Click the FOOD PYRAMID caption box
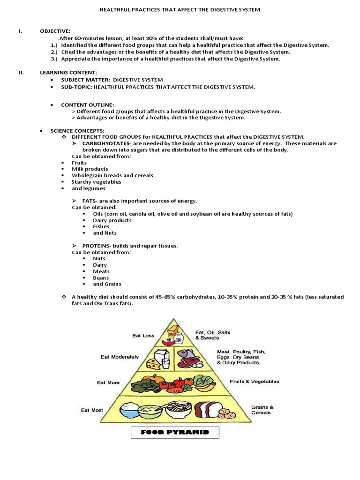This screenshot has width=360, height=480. click(175, 432)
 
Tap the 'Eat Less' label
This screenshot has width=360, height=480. click(143, 336)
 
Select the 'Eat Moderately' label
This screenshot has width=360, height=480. click(120, 357)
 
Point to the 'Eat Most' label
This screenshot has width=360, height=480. click(92, 410)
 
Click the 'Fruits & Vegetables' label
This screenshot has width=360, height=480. click(254, 381)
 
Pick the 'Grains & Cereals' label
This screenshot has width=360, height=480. click(262, 410)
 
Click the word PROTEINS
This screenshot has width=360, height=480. click(97, 246)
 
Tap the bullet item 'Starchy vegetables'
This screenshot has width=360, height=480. click(97, 182)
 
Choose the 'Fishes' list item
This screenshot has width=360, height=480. click(101, 226)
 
